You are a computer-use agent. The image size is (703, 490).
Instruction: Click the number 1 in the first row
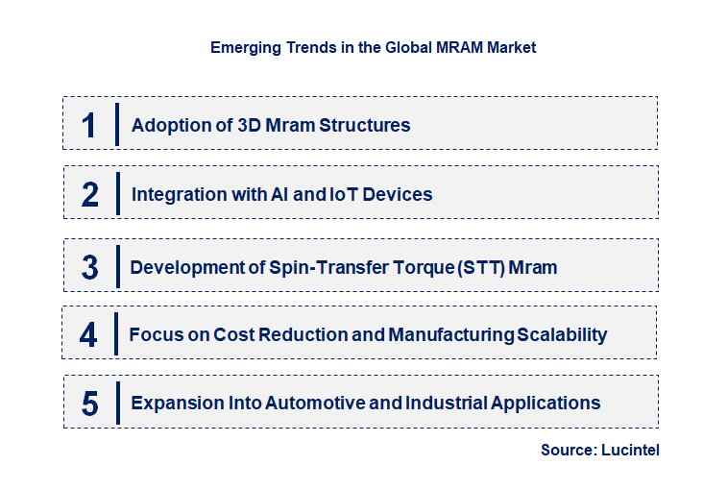pos(88,125)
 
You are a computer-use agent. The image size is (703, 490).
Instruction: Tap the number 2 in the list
pos(89,195)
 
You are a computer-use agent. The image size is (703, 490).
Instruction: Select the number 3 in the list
pos(89,267)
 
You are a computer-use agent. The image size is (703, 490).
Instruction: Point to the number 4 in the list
pos(88,335)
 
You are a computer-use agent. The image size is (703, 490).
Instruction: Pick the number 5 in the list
pos(89,404)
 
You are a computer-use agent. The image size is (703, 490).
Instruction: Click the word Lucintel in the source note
pos(630,450)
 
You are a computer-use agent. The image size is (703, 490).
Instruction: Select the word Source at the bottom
pos(565,450)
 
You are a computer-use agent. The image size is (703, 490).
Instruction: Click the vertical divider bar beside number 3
pos(116,265)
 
